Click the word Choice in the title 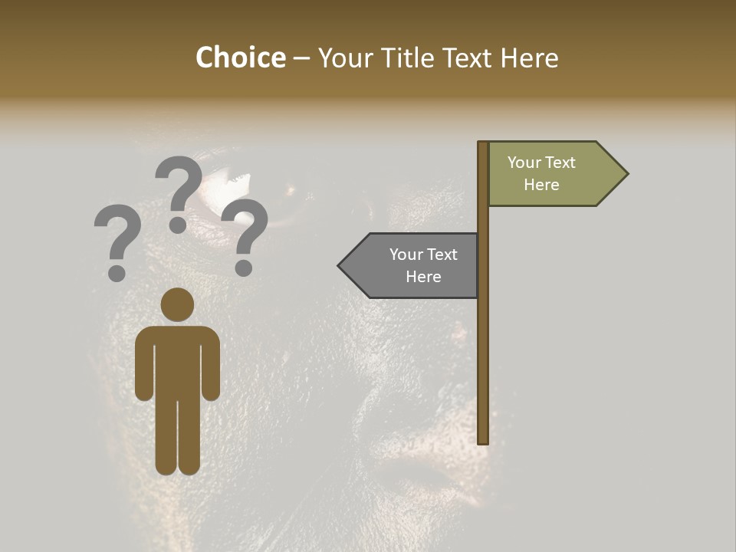(240, 58)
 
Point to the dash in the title (301, 59)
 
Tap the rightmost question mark (245, 235)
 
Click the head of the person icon (177, 304)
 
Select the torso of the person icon (177, 360)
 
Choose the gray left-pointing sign (414, 265)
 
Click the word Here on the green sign (541, 185)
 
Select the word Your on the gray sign (406, 255)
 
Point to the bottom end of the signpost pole (483, 440)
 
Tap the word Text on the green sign (560, 163)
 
